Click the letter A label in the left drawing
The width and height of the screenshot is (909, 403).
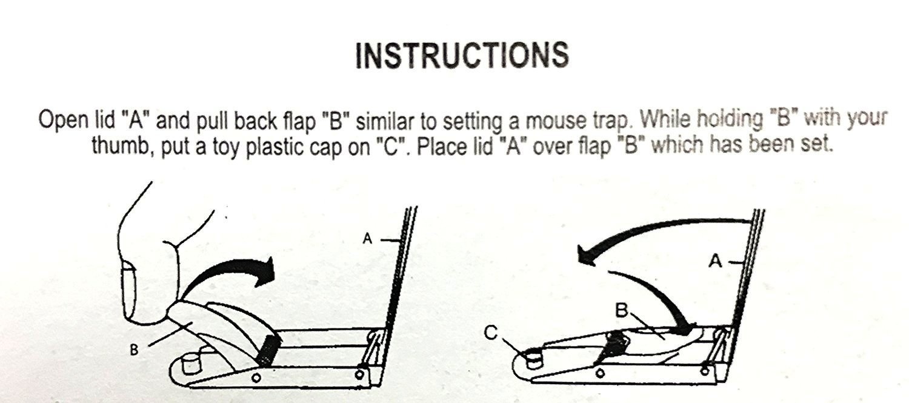pyautogui.click(x=367, y=238)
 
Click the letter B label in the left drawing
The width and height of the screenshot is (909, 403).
pyautogui.click(x=134, y=350)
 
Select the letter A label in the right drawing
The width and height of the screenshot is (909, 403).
pyautogui.click(x=715, y=261)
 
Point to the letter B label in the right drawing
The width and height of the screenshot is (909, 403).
pyautogui.click(x=621, y=310)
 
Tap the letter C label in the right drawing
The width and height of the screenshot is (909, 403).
pyautogui.click(x=491, y=333)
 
